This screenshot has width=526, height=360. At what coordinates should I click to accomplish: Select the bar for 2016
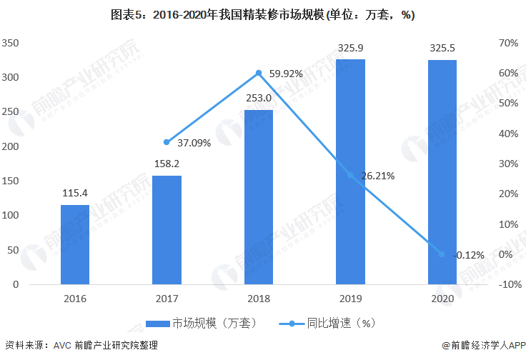pos(74,244)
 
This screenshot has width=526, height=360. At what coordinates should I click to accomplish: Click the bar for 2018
pos(258,197)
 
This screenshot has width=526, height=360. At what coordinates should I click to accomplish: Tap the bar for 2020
pos(442,172)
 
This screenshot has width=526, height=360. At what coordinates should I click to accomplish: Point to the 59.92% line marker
pos(258,73)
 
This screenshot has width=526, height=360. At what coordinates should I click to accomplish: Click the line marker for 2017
pos(167,142)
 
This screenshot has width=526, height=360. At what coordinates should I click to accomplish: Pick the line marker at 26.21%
pos(350,175)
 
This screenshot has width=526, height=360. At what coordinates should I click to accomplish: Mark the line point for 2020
pos(442,254)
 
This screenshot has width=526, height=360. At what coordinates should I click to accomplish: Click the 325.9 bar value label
pos(350,49)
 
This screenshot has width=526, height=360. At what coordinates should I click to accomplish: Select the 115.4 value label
pos(74,194)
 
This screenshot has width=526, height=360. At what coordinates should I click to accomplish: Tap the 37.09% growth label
pos(194,143)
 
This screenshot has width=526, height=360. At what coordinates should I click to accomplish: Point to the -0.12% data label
pos(469,255)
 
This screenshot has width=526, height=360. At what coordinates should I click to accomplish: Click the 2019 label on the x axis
pos(350,298)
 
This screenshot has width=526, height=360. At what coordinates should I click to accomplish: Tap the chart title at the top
pos(263,14)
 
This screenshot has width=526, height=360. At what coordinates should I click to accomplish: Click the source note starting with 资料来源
pos(81,346)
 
